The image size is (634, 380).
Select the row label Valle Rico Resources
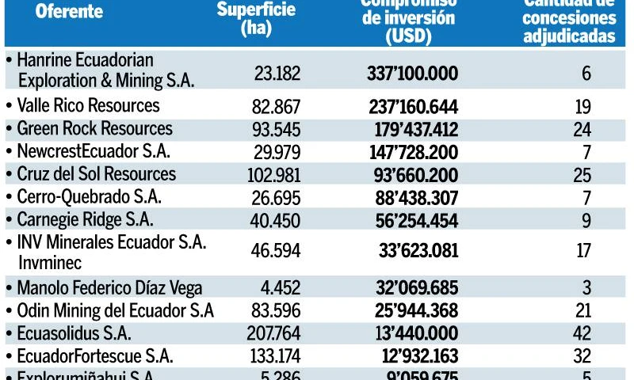[88, 106]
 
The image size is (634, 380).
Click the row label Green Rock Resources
[94, 128]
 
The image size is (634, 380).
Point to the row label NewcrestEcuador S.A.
[94, 151]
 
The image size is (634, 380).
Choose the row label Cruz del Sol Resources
[96, 174]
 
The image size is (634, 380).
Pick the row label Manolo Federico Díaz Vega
[109, 289]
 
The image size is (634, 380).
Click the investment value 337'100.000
[412, 73]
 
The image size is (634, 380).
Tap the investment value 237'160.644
[413, 107]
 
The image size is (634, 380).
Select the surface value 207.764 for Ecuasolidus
[273, 334]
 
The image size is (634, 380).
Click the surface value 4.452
[279, 289]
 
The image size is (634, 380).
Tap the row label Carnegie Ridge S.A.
[85, 220]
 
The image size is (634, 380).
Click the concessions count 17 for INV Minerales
[583, 252]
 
